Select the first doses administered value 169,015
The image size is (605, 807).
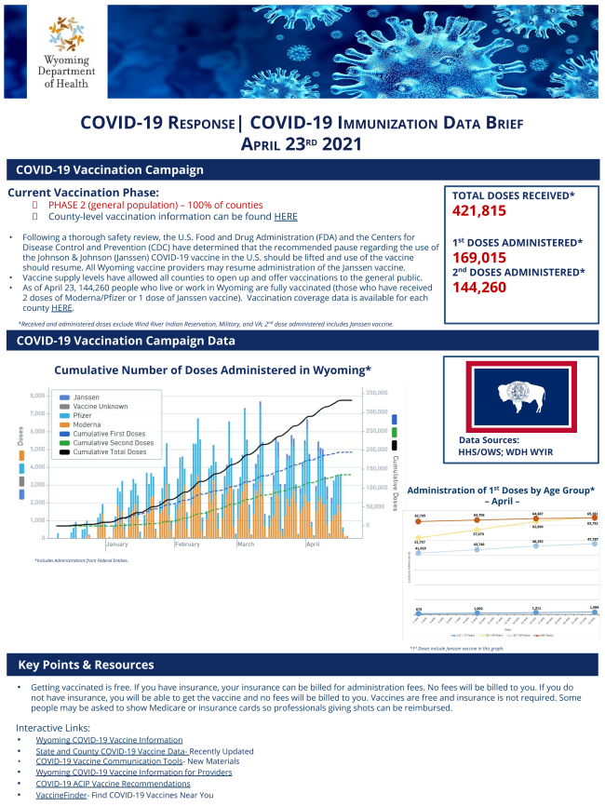point(486,258)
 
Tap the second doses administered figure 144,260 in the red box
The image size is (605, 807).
point(486,288)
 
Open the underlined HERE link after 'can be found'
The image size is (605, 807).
point(285,217)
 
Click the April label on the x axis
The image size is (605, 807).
point(313,545)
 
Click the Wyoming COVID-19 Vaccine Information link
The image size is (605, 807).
point(109,740)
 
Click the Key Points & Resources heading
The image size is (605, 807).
point(85,665)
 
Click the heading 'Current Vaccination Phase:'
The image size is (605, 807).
point(83,193)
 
